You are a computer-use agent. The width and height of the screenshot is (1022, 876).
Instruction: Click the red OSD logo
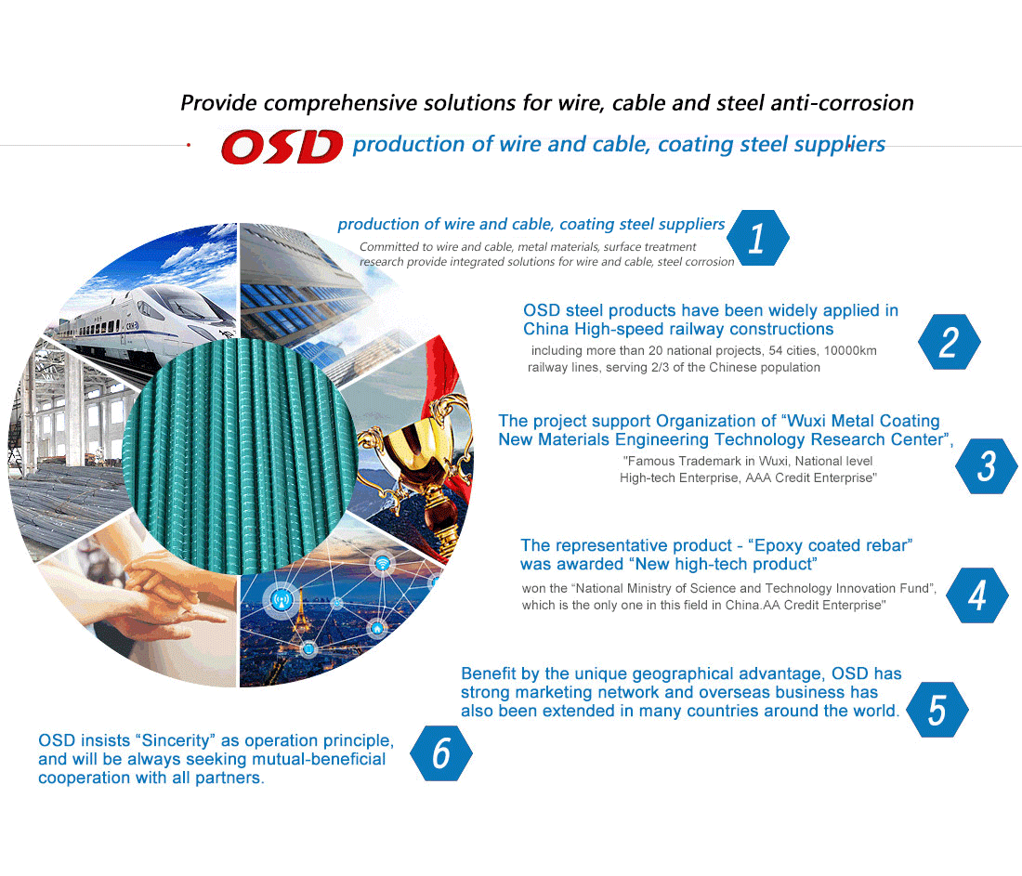tap(282, 146)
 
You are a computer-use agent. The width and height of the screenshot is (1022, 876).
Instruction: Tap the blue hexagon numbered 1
tap(757, 238)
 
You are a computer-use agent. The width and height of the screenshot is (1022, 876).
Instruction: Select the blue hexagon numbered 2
tap(949, 342)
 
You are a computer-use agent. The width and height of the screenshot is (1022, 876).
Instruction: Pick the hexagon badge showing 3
tap(986, 465)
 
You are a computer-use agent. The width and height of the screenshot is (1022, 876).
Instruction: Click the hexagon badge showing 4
tap(977, 595)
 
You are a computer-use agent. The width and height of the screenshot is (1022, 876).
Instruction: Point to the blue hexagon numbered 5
tap(937, 709)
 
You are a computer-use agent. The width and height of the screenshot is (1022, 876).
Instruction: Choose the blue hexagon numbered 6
tap(441, 752)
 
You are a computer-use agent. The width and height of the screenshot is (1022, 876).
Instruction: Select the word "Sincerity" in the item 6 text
tap(176, 740)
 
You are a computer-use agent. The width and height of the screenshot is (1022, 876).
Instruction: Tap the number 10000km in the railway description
tap(850, 350)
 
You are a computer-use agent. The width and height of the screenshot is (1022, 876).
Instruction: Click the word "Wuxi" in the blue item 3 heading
tap(806, 421)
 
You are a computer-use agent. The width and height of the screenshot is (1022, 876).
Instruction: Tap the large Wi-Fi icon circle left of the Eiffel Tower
tap(282, 600)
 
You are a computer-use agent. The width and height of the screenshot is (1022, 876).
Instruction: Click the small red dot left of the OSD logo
tap(189, 145)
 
